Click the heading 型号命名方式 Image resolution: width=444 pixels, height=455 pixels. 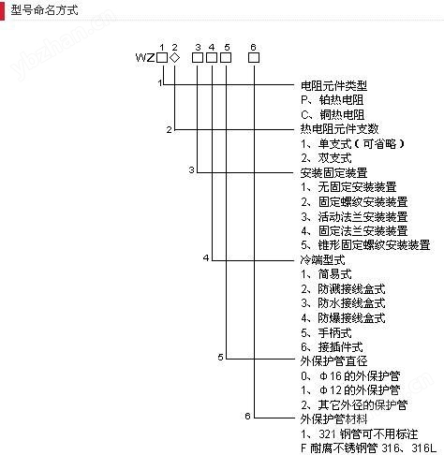tap(44, 10)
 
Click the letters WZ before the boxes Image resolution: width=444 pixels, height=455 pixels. tap(145, 58)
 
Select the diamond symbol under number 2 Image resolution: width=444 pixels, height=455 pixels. tap(175, 58)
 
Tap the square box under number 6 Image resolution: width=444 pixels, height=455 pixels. tap(254, 58)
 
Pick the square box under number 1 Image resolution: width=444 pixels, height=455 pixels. tap(162, 58)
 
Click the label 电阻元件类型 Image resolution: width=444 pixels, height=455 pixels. tap(333, 85)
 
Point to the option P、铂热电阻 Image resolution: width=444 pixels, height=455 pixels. tap(333, 100)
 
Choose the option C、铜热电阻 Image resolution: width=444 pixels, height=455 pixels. tap(333, 114)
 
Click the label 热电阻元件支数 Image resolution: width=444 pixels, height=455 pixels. tap(339, 129)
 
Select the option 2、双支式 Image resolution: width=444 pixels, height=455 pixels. tap(326, 158)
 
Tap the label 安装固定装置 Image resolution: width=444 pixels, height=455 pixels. tap(333, 172)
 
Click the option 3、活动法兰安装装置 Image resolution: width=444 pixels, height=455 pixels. tap(354, 216)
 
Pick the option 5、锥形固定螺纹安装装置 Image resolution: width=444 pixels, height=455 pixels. tap(365, 245)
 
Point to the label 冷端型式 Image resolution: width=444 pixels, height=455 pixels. tap(322, 259)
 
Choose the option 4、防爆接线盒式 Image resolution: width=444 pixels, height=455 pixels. tap(343, 318)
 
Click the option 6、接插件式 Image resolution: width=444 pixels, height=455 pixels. tap(332, 347)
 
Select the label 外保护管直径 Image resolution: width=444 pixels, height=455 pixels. tap(333, 361)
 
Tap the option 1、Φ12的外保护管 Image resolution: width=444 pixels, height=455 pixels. tap(350, 390)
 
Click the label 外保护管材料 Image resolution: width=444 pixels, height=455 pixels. tap(333, 419)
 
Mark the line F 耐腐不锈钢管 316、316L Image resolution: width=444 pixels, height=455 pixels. tap(368, 448)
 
